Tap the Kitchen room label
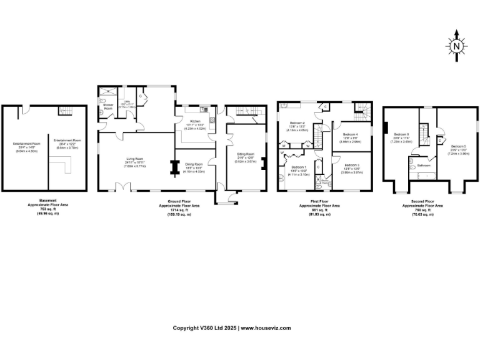(195, 121)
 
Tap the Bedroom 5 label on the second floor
(458, 146)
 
